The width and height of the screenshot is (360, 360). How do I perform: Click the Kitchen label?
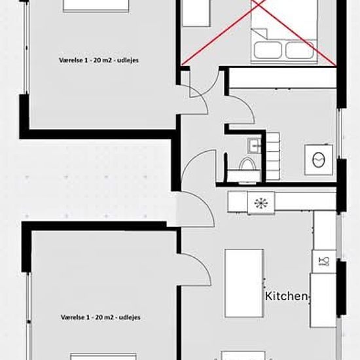[x=286, y=296]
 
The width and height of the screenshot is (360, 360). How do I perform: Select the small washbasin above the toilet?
[x=254, y=146]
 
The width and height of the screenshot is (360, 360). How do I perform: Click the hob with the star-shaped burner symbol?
[x=261, y=203]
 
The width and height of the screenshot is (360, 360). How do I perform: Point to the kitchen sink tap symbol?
[x=324, y=261]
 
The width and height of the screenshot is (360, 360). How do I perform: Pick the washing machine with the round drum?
[x=319, y=160]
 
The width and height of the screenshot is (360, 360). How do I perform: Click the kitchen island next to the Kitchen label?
[x=244, y=283]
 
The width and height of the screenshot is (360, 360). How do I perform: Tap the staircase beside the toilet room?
[x=273, y=156]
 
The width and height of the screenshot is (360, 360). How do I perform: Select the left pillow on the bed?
[x=268, y=50]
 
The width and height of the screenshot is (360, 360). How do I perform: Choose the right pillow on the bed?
[x=299, y=50]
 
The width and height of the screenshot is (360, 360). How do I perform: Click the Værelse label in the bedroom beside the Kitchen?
[x=101, y=317]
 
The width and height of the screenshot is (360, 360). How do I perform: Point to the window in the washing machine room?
[x=339, y=133]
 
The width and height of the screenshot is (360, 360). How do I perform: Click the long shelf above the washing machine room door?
[x=283, y=78]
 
